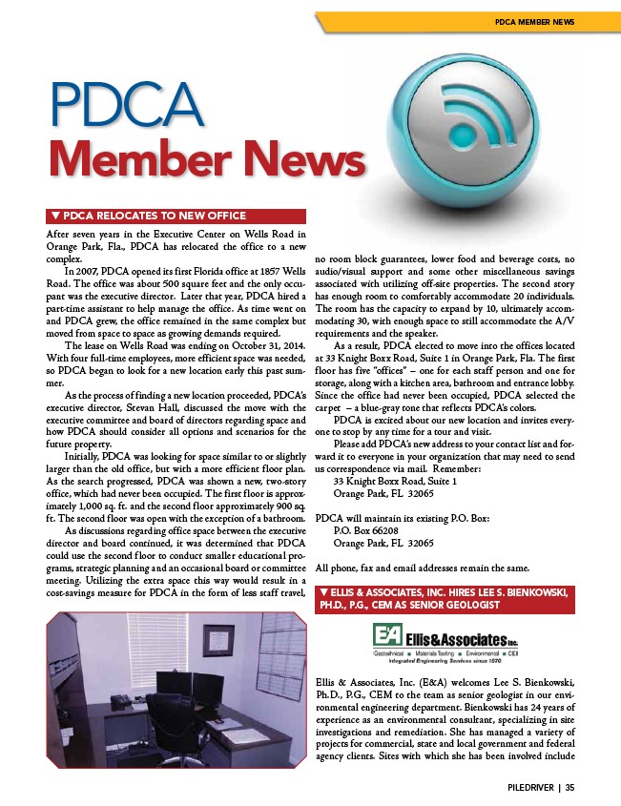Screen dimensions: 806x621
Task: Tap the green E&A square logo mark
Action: tap(385, 636)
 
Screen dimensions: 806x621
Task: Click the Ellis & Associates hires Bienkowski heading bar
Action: tap(447, 599)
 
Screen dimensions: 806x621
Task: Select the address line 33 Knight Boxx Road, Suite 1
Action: tap(396, 482)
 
